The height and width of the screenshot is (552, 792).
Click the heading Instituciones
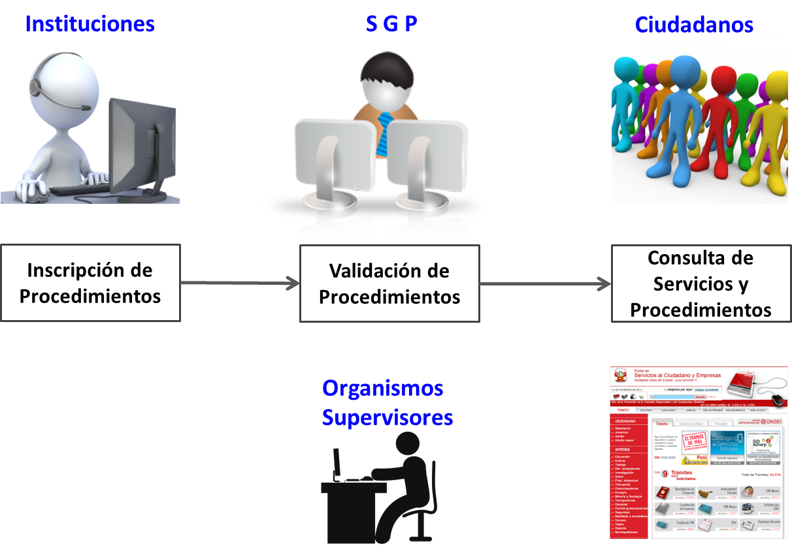[90, 24]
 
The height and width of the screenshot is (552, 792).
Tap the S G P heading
[391, 24]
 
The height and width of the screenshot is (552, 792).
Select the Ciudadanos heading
[694, 25]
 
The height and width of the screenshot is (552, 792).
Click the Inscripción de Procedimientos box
[90, 283]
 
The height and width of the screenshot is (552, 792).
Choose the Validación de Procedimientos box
[389, 284]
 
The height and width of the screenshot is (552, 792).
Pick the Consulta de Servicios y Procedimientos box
[701, 284]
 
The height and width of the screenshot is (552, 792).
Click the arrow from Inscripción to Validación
[239, 283]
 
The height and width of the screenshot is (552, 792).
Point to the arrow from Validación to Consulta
[545, 284]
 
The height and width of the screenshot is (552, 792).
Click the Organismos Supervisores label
[387, 402]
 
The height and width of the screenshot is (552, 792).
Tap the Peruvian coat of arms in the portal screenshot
[620, 377]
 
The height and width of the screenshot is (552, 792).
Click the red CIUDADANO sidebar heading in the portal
[626, 421]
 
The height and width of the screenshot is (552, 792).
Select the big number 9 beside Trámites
[664, 474]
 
